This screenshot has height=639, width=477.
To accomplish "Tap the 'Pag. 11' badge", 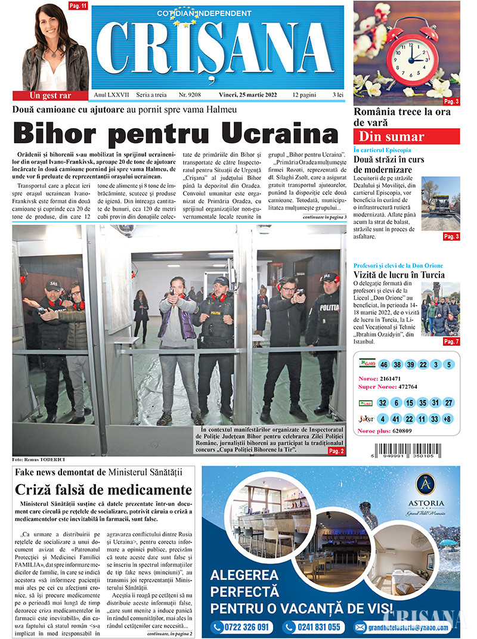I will coord(78,6).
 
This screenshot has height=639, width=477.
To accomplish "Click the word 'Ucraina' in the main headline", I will coord(270,132).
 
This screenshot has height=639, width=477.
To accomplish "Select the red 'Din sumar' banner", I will coord(407,136).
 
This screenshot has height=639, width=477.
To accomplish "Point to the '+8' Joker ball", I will coord(447,418).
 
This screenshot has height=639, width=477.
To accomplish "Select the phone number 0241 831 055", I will coord(314,627).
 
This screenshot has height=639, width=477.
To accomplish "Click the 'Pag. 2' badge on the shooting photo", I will coord(336,451).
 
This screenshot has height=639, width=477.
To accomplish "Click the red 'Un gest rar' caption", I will coord(50,95).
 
